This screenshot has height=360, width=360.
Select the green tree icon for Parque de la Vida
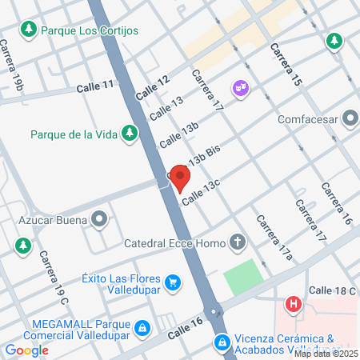(x=129, y=134)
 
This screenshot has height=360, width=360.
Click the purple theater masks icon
(x=239, y=86)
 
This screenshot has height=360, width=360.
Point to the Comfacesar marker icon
(x=350, y=120)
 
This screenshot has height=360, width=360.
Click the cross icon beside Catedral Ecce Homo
(x=237, y=241)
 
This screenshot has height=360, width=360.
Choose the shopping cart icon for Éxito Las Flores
(x=171, y=282)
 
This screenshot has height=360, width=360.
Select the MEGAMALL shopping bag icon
(x=142, y=327)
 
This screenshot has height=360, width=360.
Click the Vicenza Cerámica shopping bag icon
(x=221, y=342)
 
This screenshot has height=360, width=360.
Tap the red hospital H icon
(x=294, y=304)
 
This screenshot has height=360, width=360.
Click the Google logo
(x=26, y=350)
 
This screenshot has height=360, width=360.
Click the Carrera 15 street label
(x=286, y=65)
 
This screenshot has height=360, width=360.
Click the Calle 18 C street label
(x=331, y=291)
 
